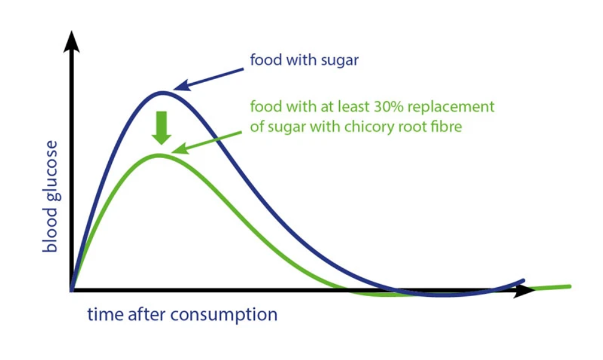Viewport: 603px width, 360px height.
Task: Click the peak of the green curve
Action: pos(159,155)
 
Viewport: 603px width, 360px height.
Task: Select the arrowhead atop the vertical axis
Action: pos(72,41)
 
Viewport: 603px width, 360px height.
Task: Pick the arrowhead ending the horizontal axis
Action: pos(524,290)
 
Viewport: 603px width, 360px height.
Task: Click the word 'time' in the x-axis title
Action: pos(103,314)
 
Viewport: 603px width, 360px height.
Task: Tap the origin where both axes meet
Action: pos(72,290)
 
